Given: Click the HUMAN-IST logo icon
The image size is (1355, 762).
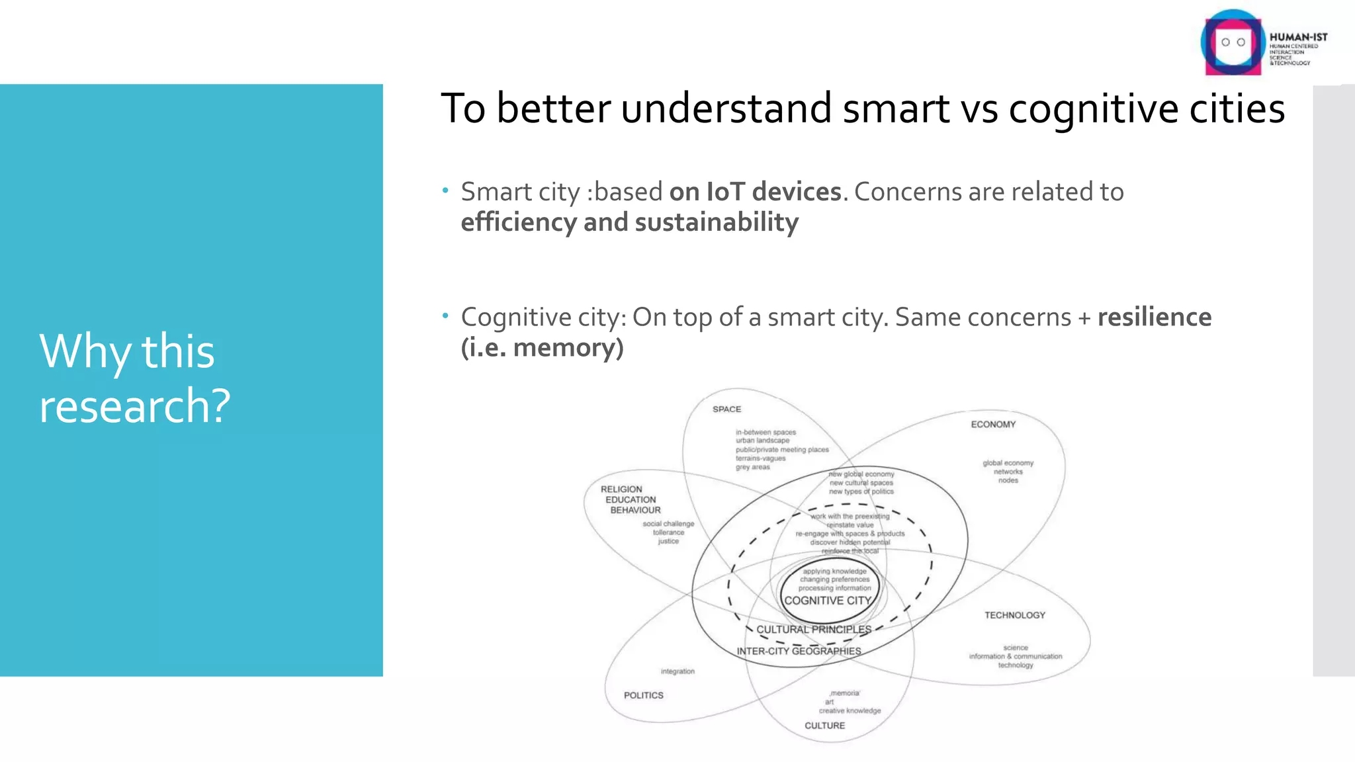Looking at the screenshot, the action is (x=1231, y=43).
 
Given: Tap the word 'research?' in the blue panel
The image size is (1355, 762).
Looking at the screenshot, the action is (x=135, y=405).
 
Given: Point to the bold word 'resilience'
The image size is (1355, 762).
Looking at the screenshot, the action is (x=1155, y=317).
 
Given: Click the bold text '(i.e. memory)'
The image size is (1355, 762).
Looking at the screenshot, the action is (x=542, y=348).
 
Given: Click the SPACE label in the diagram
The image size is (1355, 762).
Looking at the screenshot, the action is (x=726, y=409).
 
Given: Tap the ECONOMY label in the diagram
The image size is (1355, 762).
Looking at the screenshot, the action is (x=992, y=425).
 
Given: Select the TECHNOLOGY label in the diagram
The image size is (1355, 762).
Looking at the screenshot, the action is (x=1014, y=615).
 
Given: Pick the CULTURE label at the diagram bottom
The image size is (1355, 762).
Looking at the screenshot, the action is (x=824, y=726).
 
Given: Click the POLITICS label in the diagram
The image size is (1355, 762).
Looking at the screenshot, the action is (x=643, y=695).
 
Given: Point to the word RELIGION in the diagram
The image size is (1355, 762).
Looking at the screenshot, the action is (x=621, y=489).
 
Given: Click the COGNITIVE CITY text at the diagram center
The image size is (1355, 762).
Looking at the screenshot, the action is (x=827, y=601).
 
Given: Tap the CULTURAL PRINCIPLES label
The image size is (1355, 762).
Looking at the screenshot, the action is (x=814, y=630).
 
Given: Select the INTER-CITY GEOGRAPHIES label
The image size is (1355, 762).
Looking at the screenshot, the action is (x=799, y=652).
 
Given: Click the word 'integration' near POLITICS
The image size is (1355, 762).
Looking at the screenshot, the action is (x=677, y=671).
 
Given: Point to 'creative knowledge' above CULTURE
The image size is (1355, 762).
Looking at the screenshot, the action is (x=850, y=711).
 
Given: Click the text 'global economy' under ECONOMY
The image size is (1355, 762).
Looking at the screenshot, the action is (x=1008, y=463).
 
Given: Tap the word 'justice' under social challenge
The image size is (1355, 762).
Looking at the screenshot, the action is (x=668, y=541).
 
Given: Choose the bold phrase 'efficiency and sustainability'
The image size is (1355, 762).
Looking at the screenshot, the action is (x=629, y=223).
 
